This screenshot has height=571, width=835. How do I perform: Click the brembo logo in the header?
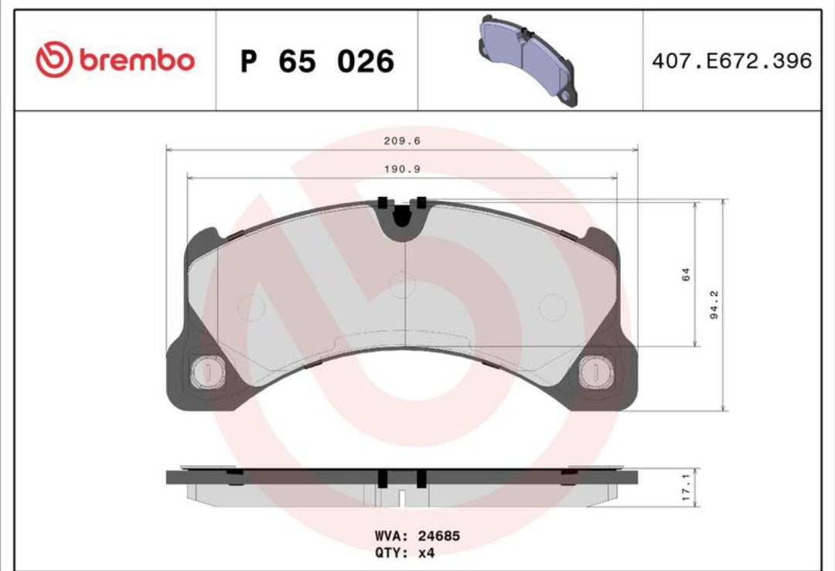pyautogui.click(x=114, y=60)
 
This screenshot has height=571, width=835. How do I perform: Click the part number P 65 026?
pyautogui.click(x=317, y=61)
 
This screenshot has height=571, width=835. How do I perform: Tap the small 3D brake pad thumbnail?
pyautogui.click(x=527, y=59)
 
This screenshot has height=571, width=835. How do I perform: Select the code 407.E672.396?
pyautogui.click(x=731, y=61)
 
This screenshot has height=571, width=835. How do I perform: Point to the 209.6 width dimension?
pyautogui.click(x=402, y=141)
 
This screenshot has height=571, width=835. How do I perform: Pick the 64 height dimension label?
pyautogui.click(x=686, y=274)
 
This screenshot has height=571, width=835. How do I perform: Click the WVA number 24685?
pyautogui.click(x=439, y=535)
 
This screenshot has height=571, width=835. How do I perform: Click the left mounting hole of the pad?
pyautogui.click(x=206, y=372)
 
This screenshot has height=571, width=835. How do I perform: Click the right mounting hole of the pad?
pyautogui.click(x=595, y=372)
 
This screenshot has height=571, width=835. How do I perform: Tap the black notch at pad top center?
pyautogui.click(x=400, y=216)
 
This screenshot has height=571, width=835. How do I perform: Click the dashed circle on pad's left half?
pyautogui.click(x=251, y=308)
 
